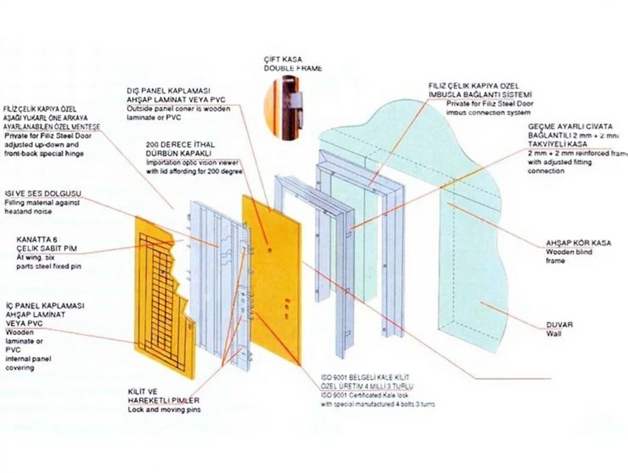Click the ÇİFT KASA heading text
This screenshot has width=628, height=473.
[280, 60]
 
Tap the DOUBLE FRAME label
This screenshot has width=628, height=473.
[293, 69]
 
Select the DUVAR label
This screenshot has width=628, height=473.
[559, 325]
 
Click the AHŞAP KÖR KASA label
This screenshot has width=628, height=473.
[578, 243]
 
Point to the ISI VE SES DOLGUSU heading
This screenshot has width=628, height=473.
[40, 194]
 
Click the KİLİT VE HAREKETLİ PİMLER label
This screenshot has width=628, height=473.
[163, 396]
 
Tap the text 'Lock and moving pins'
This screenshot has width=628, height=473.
[163, 410]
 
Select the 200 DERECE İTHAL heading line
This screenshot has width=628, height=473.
[180, 145]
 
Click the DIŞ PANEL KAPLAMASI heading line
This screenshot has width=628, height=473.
[168, 91]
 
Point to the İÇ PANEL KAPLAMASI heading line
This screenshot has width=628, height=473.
[45, 305]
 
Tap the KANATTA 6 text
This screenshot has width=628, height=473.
[37, 239]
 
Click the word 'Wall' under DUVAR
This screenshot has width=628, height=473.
[554, 334]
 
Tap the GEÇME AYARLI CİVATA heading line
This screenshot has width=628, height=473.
[570, 127]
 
